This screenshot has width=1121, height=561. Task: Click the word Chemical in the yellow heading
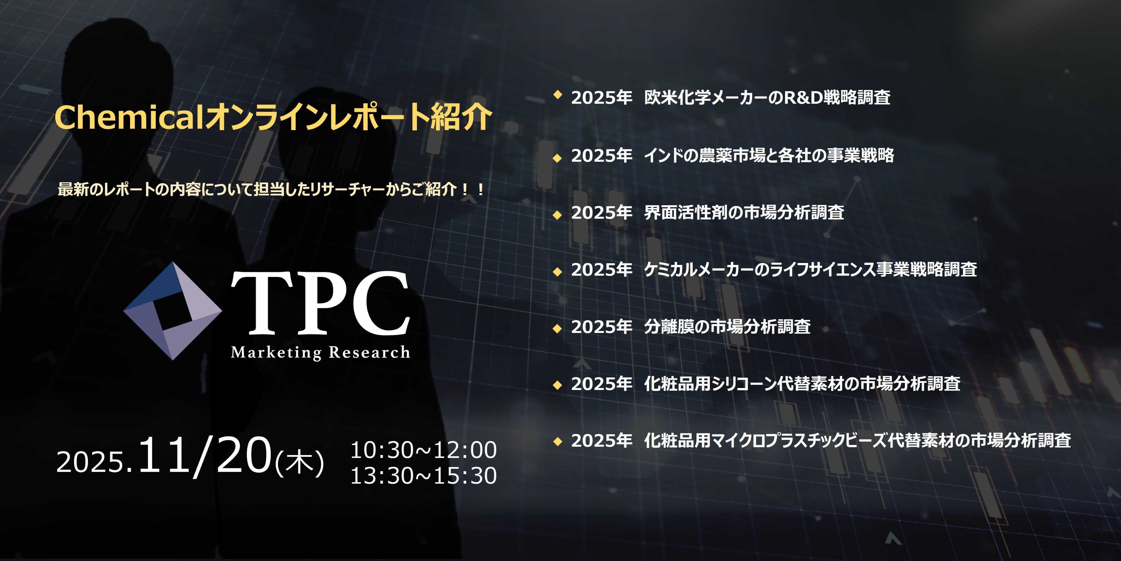(x=129, y=117)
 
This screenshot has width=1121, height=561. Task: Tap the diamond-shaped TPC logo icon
(x=173, y=311)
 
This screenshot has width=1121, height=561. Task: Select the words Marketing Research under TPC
(x=320, y=352)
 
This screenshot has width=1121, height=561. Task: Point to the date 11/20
(x=205, y=455)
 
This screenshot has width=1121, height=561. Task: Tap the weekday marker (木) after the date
(x=299, y=462)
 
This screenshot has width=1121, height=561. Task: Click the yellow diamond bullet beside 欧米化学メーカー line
(x=557, y=95)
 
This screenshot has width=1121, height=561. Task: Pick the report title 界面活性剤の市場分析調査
(x=744, y=213)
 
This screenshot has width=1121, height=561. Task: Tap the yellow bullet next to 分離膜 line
(x=557, y=329)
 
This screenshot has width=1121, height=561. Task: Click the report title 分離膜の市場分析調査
(x=727, y=326)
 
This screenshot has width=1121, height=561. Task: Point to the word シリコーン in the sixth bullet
(x=744, y=384)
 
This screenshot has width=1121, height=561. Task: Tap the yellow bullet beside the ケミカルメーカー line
(x=557, y=272)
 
